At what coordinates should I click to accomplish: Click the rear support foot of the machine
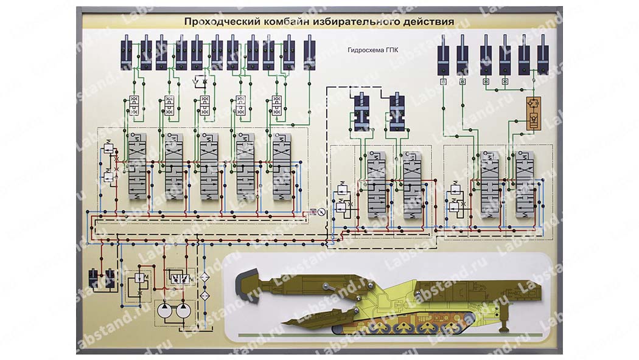[x=503, y=328]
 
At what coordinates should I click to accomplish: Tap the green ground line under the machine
[x=389, y=335]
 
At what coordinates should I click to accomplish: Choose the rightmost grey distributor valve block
[x=524, y=184]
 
